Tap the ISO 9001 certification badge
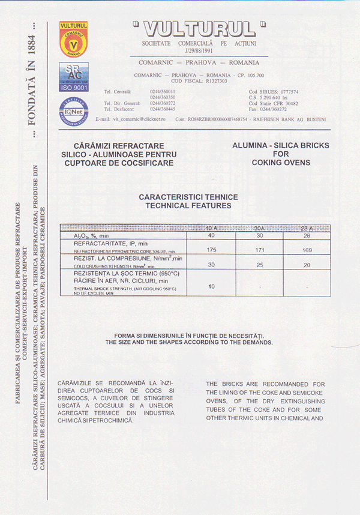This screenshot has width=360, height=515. pos(73,76)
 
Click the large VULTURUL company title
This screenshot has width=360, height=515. pos(199,28)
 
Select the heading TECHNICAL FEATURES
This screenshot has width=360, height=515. pos(188,205)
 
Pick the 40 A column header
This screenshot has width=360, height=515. pos(211,229)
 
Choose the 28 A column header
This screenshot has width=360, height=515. pos(306,229)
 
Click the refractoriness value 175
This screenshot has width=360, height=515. pos(211,249)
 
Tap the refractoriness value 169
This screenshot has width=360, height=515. pos(306,249)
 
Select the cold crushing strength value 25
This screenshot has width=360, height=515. pos(259,264)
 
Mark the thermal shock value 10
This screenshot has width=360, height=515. pos(211,286)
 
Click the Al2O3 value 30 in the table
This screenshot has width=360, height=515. pos(259,236)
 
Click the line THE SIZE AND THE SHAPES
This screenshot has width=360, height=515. pos(188,342)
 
